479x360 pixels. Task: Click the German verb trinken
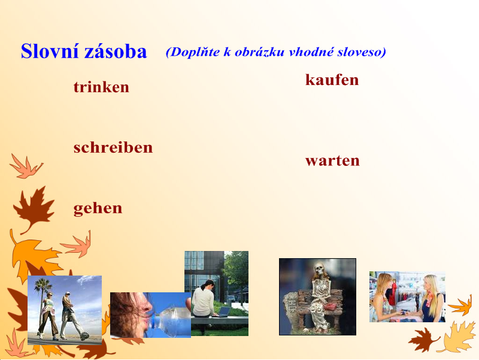point(101,87)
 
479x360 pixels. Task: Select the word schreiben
point(113,147)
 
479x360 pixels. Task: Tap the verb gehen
point(98,208)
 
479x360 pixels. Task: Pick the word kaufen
point(332,80)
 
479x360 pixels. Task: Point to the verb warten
point(332,161)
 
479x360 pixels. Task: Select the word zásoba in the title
point(116,52)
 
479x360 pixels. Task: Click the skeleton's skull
point(319,268)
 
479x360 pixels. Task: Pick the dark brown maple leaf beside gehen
point(34,208)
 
